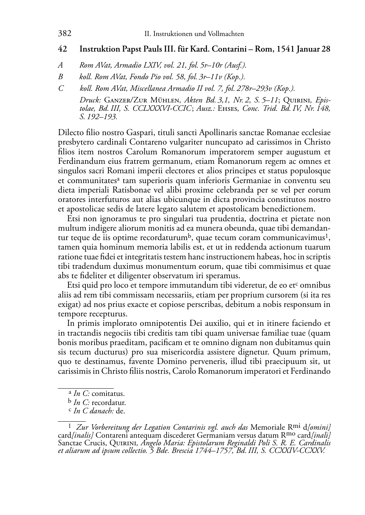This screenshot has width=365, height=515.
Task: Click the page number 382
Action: coord(64,34)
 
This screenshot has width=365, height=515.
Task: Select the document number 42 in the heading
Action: coord(62,49)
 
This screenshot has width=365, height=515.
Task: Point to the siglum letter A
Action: coord(60,65)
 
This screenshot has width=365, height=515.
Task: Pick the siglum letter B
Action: coord(60,77)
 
